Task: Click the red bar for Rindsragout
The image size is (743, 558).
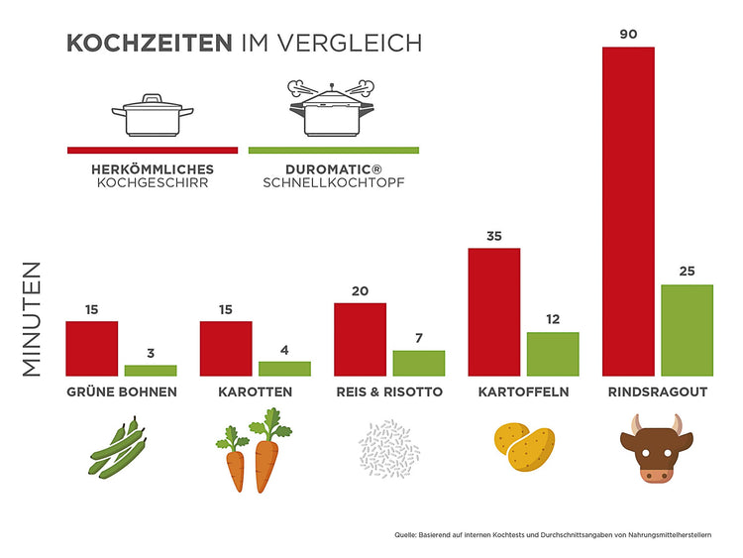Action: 628,211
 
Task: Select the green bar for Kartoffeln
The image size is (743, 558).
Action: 553,354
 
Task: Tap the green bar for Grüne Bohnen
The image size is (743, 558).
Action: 151,371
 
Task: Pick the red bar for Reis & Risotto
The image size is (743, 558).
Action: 361,339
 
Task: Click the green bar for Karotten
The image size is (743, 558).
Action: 284,369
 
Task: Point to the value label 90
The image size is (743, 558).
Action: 628,34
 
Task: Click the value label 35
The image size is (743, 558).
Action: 494,236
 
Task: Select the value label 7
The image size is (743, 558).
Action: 419,338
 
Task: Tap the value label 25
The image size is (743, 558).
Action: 688,272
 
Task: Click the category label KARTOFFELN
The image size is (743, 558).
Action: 524,392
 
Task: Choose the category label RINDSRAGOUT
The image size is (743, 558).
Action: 658,392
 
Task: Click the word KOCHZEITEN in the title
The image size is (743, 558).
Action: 150,44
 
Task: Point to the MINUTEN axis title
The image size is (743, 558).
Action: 32,319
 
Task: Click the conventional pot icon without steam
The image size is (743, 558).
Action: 153,115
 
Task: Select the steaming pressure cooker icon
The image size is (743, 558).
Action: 332,109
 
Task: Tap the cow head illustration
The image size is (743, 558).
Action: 657,449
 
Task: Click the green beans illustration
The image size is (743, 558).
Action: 118,448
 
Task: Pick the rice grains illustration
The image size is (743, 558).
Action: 389,448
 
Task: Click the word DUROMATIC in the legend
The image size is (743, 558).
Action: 329,169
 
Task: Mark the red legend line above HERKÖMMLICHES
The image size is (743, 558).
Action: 153,151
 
